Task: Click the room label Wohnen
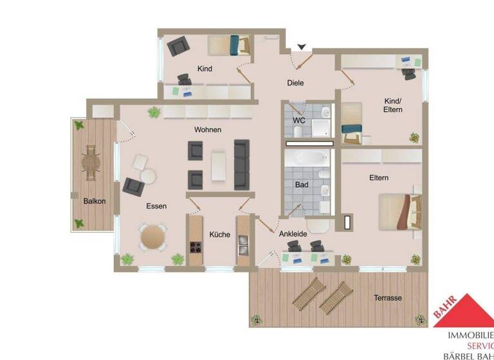[208, 129]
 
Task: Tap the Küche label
[220, 235]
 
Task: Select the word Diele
[295, 83]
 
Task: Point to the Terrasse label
[388, 298]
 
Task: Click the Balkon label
[94, 201]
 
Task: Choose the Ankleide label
[293, 233]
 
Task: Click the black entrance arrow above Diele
[301, 47]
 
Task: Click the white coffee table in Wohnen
[219, 165]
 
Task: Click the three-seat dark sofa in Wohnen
[242, 164]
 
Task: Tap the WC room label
[299, 120]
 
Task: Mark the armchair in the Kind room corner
[178, 47]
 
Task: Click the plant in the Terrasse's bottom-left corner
[257, 319]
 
